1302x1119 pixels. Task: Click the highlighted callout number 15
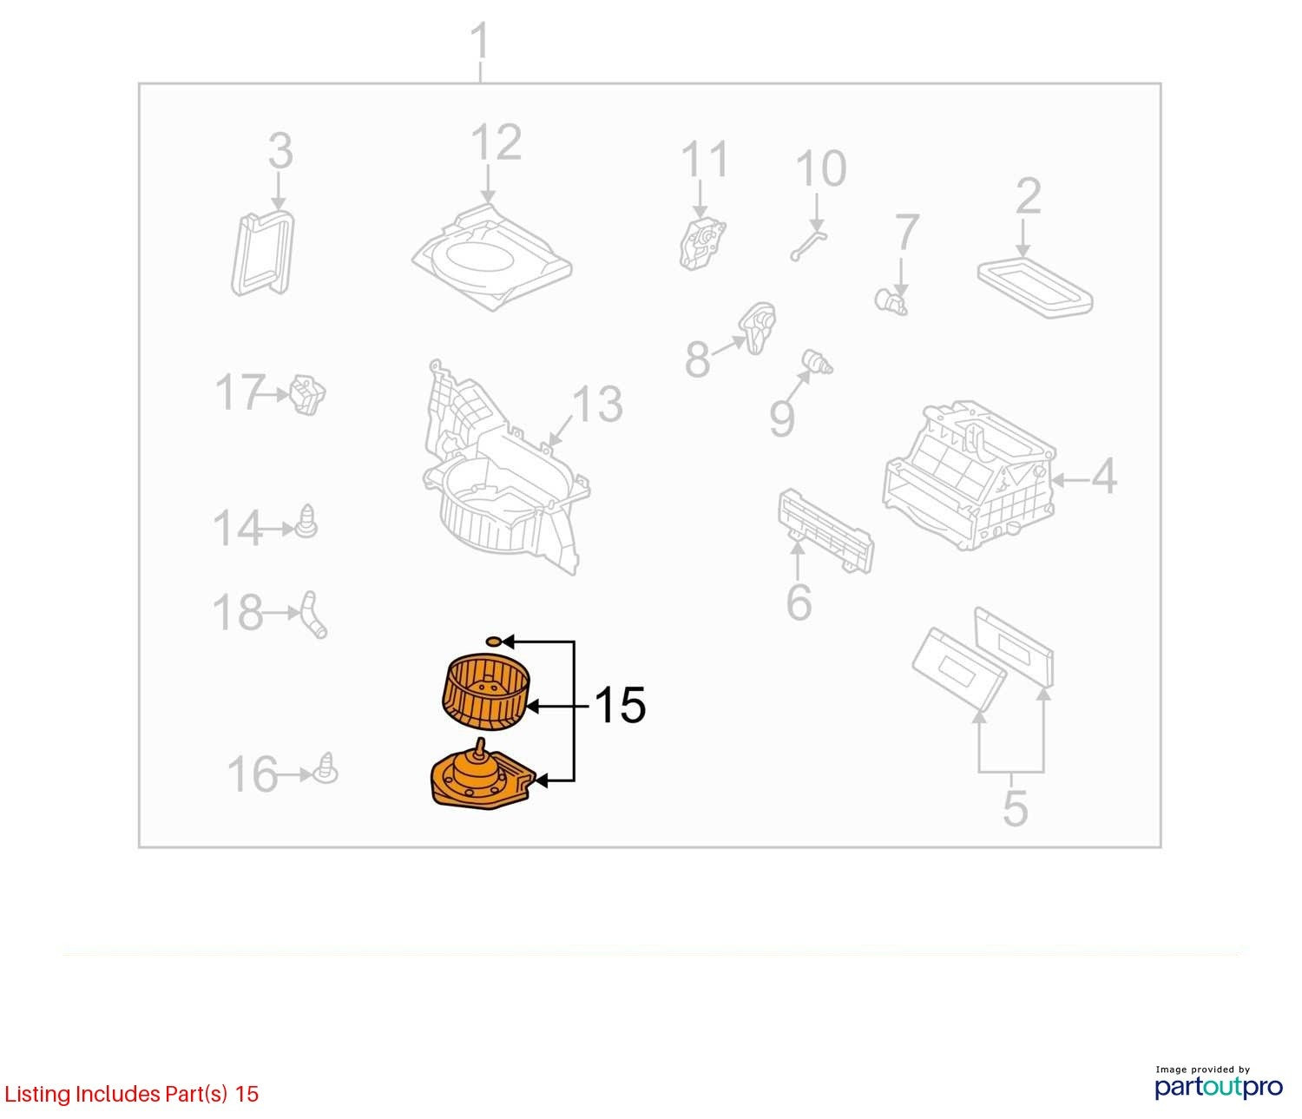point(621,705)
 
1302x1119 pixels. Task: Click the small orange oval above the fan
point(495,642)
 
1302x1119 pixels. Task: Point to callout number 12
point(496,142)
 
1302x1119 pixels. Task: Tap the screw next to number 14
point(306,522)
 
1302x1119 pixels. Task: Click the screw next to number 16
point(326,768)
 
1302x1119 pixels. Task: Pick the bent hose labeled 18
point(313,615)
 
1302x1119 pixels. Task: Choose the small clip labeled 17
point(307,395)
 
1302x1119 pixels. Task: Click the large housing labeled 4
point(969,475)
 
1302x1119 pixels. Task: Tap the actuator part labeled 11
point(702,243)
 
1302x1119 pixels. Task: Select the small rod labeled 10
point(809,246)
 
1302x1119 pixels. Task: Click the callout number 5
point(1015,807)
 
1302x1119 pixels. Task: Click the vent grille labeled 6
point(825,530)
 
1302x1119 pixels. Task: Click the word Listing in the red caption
point(38,1095)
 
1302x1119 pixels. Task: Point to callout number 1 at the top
point(481,41)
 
